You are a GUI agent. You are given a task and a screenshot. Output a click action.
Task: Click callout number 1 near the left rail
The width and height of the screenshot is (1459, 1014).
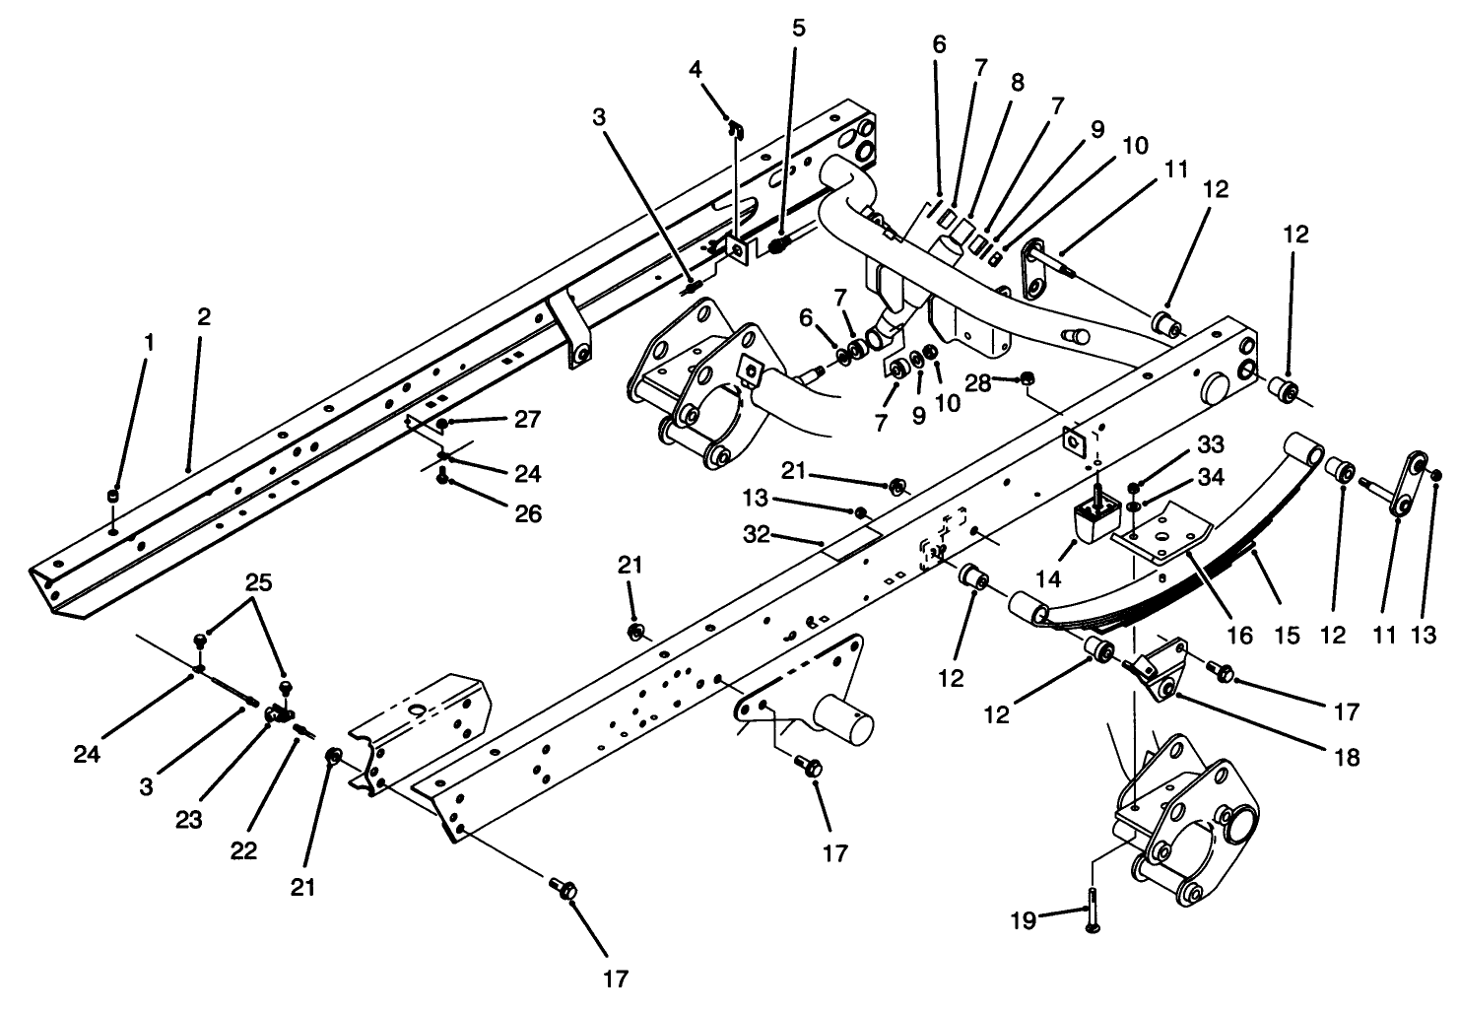(149, 343)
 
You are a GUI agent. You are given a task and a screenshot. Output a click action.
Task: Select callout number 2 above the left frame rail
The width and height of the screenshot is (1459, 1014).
(203, 317)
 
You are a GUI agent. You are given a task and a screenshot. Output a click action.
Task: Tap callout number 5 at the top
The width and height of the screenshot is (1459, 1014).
(798, 28)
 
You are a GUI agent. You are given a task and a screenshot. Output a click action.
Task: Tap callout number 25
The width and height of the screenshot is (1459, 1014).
(258, 581)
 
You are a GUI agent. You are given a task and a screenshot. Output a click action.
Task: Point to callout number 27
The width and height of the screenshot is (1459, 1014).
(527, 420)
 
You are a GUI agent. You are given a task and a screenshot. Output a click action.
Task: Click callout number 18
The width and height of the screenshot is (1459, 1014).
(1348, 757)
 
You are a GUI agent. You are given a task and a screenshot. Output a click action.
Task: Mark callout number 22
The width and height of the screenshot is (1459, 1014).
(243, 849)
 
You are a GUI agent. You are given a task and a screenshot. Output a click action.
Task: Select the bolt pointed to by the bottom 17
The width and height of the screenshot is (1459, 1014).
(565, 890)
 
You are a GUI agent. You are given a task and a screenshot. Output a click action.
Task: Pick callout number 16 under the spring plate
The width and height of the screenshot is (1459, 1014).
(1239, 636)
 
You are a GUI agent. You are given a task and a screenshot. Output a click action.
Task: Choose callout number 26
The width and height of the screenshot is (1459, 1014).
(527, 513)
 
